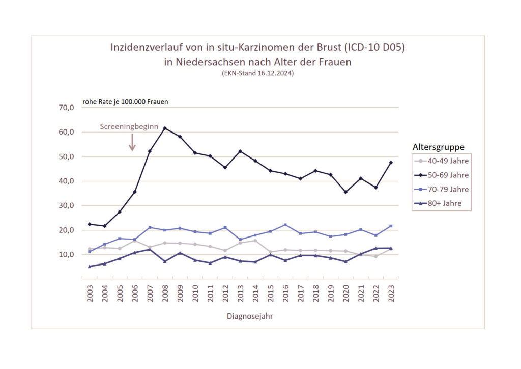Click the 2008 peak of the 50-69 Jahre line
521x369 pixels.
165,128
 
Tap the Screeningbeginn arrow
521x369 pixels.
132,142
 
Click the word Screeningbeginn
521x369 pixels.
129,126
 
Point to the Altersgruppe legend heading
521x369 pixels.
438,147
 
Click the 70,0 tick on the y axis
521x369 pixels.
67,108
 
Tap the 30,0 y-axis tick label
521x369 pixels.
67,205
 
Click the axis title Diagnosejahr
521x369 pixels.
250,316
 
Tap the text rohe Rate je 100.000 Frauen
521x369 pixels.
125,101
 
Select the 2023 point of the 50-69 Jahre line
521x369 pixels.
391,163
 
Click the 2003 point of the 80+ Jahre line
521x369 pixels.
90,266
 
